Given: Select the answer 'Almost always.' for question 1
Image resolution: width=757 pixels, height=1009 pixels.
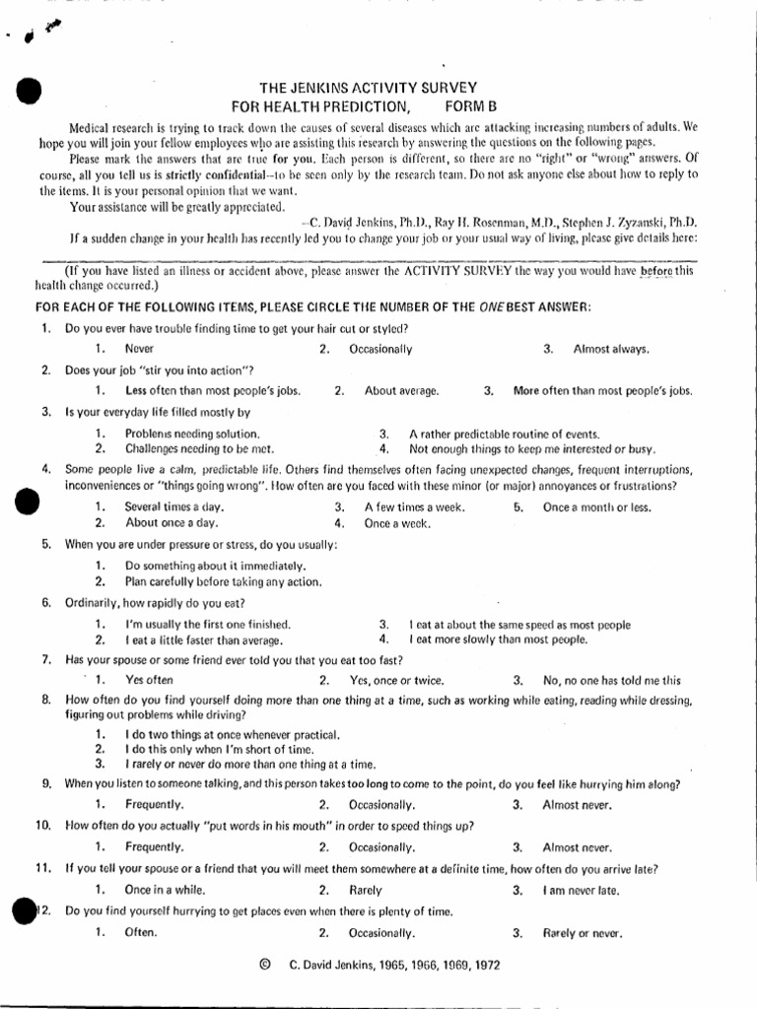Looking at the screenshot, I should pyautogui.click(x=611, y=349).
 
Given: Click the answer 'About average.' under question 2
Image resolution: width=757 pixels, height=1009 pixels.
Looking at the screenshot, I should pyautogui.click(x=401, y=390).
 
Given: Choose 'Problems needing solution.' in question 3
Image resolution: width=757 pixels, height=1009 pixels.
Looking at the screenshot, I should pyautogui.click(x=192, y=434).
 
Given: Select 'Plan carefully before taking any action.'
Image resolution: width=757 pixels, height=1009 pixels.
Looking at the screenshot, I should pyautogui.click(x=223, y=581).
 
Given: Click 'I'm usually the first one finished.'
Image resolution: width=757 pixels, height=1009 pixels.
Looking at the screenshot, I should pyautogui.click(x=208, y=625).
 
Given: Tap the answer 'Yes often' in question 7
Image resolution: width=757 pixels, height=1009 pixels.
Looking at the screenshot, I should pyautogui.click(x=149, y=680).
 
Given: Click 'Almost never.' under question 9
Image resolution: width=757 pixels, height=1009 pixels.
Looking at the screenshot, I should pyautogui.click(x=577, y=805).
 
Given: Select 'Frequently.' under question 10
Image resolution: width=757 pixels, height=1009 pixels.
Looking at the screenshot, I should pyautogui.click(x=154, y=846).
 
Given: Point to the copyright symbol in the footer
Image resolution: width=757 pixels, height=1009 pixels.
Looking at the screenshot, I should pyautogui.click(x=264, y=966).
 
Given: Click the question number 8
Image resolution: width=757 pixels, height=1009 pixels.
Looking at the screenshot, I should pyautogui.click(x=45, y=700).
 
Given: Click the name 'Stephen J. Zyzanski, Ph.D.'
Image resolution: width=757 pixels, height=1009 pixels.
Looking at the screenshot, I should pyautogui.click(x=623, y=222).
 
